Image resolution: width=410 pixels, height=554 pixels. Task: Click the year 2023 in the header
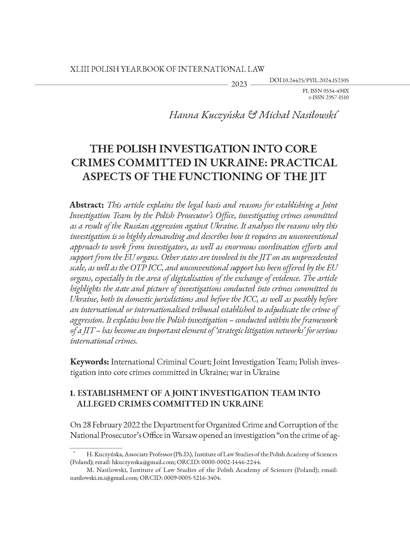[239, 84]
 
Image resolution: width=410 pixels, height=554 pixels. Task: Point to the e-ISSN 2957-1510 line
[329, 98]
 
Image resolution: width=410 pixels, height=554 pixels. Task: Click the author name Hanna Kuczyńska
[207, 115]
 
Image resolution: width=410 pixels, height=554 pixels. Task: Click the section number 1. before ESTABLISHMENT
[73, 393]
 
